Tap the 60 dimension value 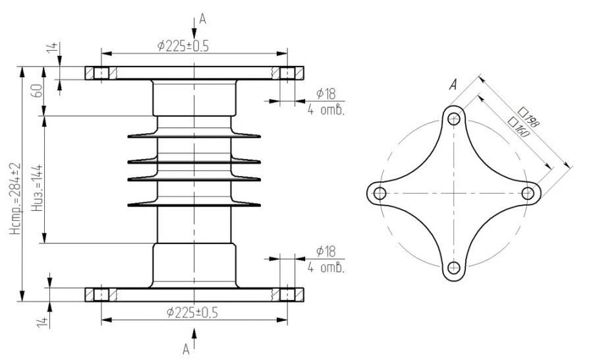pyautogui.click(x=38, y=91)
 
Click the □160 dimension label pyautogui.click(x=520, y=127)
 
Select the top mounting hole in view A pyautogui.click(x=454, y=119)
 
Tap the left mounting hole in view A pyautogui.click(x=380, y=193)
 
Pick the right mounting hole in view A pyautogui.click(x=528, y=193)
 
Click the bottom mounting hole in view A pyautogui.click(x=454, y=267)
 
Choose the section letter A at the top pyautogui.click(x=203, y=20)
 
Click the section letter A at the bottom pyautogui.click(x=186, y=347)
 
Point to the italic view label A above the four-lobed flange pyautogui.click(x=453, y=84)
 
